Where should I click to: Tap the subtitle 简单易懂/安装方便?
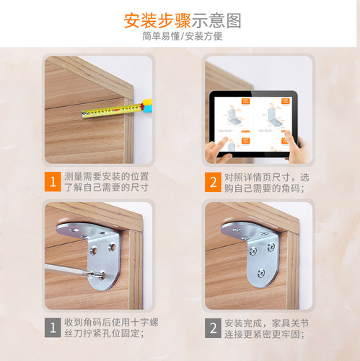click(180, 37)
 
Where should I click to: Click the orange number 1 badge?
click(52, 181)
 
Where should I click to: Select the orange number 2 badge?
click(212, 181)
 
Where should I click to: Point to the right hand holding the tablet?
click(297, 144)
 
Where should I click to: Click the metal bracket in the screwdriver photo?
click(97, 249)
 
